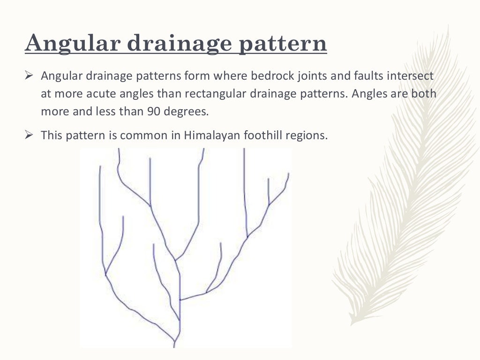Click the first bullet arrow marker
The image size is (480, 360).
28,76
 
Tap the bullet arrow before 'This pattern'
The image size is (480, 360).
28,136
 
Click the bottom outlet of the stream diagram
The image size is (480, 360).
174,345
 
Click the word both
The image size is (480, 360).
425,94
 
